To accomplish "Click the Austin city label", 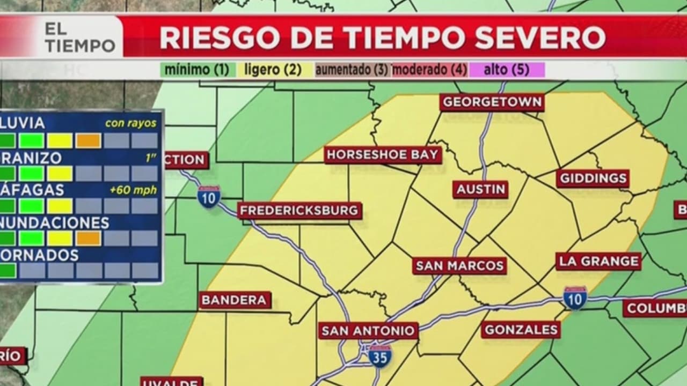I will pyautogui.click(x=480, y=189).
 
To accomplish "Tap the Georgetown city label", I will pyautogui.click(x=492, y=102).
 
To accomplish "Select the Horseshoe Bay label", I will pyautogui.click(x=383, y=155).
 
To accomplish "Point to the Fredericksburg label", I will pyautogui.click(x=299, y=211).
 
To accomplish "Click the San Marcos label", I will pyautogui.click(x=459, y=265).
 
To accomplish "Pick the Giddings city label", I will pyautogui.click(x=593, y=179).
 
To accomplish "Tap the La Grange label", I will pyautogui.click(x=598, y=262).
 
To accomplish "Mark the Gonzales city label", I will pyautogui.click(x=521, y=330).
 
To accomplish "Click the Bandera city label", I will pyautogui.click(x=235, y=300).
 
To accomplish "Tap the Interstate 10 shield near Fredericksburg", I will pyautogui.click(x=208, y=197).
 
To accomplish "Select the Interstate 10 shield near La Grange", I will pyautogui.click(x=575, y=298).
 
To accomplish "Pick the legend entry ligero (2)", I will pyautogui.click(x=273, y=70).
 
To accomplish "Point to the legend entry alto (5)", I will pyautogui.click(x=507, y=70).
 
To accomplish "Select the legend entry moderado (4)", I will pyautogui.click(x=429, y=70).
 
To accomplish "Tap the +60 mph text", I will pyautogui.click(x=133, y=190).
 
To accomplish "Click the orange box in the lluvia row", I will pyautogui.click(x=88, y=140).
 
